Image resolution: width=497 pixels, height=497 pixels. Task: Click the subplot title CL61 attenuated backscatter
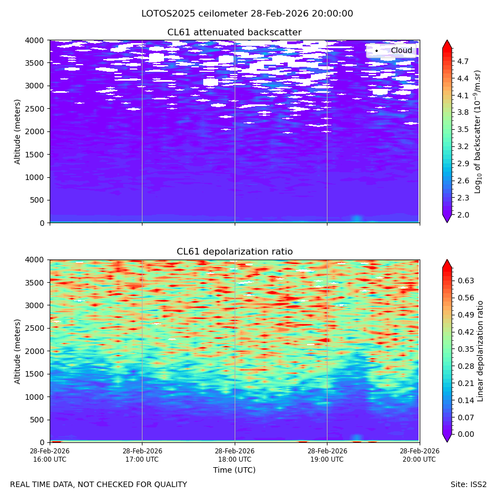[x=234, y=33]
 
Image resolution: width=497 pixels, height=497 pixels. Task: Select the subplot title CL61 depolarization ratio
[x=235, y=251]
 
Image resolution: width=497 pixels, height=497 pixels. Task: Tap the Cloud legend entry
[x=392, y=50]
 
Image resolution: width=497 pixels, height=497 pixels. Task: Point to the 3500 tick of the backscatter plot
[x=35, y=63]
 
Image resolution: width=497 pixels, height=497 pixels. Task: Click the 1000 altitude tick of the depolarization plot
[x=35, y=397]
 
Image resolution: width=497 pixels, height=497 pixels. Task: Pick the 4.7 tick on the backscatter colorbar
[x=463, y=61]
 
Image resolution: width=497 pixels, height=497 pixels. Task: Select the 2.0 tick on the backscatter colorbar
[x=463, y=215]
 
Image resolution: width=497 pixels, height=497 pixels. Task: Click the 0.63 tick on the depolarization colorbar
[x=466, y=281]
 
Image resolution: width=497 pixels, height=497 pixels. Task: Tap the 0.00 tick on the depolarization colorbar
[x=466, y=434]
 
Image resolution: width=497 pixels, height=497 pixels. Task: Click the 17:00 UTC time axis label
[x=142, y=455]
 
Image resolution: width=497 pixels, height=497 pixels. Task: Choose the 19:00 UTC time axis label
[x=327, y=455]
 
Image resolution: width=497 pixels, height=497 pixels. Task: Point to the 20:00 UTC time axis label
[x=419, y=455]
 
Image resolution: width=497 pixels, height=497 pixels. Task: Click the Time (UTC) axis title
[x=234, y=470]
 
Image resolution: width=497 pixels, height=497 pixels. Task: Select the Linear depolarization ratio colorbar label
[x=480, y=351]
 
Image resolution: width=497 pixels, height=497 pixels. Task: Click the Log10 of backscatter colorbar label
[x=477, y=131]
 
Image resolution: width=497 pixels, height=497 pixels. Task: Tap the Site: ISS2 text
[x=468, y=484]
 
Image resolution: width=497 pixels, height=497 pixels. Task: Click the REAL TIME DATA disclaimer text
[x=99, y=484]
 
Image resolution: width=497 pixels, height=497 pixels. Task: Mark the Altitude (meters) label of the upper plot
[x=17, y=131]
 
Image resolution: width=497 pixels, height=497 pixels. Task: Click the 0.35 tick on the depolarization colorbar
[x=466, y=349]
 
